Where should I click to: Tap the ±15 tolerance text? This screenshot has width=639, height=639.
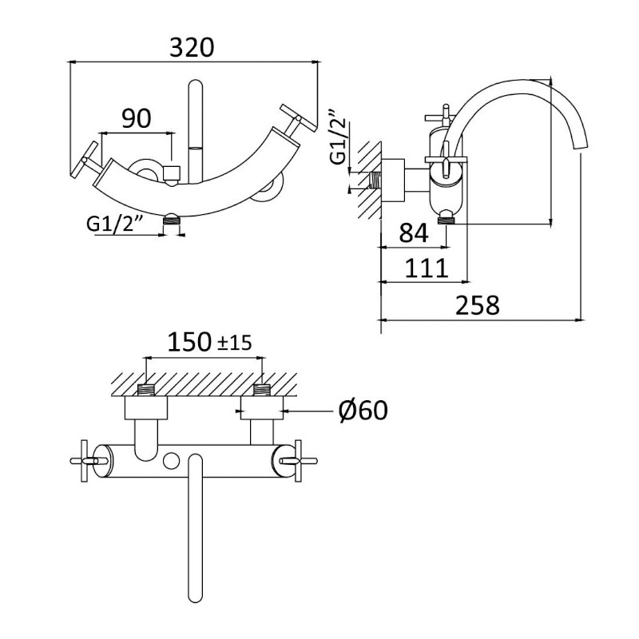pyautogui.click(x=234, y=343)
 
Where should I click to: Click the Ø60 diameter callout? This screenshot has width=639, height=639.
pyautogui.click(x=363, y=411)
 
